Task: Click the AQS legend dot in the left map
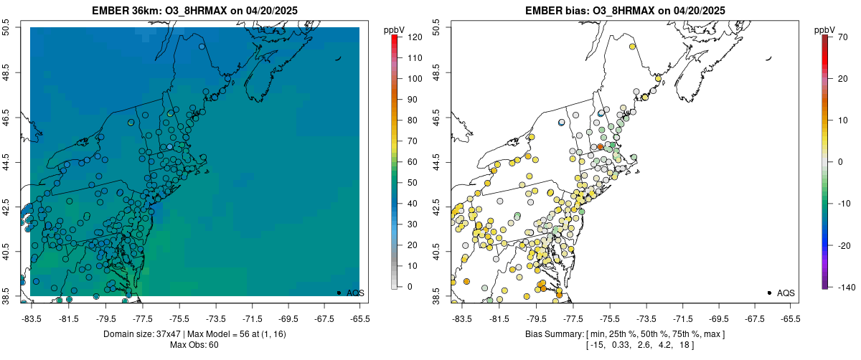click(x=339, y=293)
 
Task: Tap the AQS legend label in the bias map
click(x=786, y=293)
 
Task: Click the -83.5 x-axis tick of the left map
click(x=32, y=318)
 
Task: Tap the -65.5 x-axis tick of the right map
click(x=790, y=318)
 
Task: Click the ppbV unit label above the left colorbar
click(x=394, y=29)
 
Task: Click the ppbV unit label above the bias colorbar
click(x=824, y=29)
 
